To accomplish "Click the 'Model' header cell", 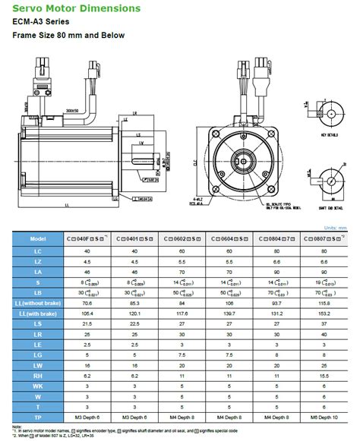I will coord(38,238).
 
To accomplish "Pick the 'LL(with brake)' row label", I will coord(38,313).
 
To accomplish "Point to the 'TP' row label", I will coord(38,417).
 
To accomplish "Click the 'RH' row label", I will coord(38,375).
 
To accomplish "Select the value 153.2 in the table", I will coord(326,313).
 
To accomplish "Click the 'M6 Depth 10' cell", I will coord(326,417).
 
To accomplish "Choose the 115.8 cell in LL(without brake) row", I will coord(326,303).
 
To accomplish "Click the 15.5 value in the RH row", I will coord(326,375).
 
